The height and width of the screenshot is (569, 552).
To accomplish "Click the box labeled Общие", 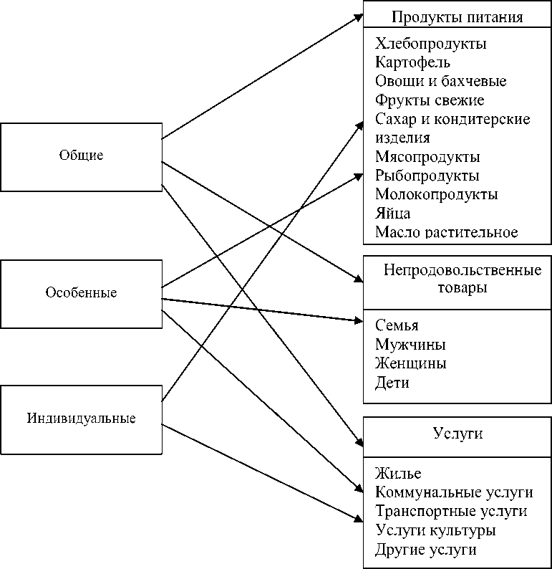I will [81, 156].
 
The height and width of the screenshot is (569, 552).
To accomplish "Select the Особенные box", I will [81, 293].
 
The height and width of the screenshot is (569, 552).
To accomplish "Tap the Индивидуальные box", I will [81, 419].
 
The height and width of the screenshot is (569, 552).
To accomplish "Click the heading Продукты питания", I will [457, 17].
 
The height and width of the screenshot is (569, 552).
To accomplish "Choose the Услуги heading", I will [457, 434].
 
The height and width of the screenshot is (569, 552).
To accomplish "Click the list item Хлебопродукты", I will [430, 44].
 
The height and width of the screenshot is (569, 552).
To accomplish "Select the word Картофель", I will [412, 63].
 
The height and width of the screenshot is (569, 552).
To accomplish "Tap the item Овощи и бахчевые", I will [440, 82].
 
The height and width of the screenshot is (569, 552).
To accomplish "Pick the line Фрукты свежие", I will [430, 100].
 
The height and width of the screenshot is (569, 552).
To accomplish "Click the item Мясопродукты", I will [427, 157].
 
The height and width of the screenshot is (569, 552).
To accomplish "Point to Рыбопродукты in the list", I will [427, 176].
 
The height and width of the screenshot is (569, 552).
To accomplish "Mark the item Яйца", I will [392, 214].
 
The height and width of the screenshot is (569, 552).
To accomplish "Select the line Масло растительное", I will [446, 232].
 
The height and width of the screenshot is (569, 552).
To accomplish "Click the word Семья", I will [397, 326].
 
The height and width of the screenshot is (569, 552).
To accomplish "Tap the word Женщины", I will [410, 363].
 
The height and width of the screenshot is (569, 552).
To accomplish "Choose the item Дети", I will [392, 383].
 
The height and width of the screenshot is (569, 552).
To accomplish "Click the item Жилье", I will [398, 474].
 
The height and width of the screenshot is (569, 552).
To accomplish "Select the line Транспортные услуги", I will [451, 512].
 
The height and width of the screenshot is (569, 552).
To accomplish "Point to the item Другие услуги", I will [425, 550].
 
